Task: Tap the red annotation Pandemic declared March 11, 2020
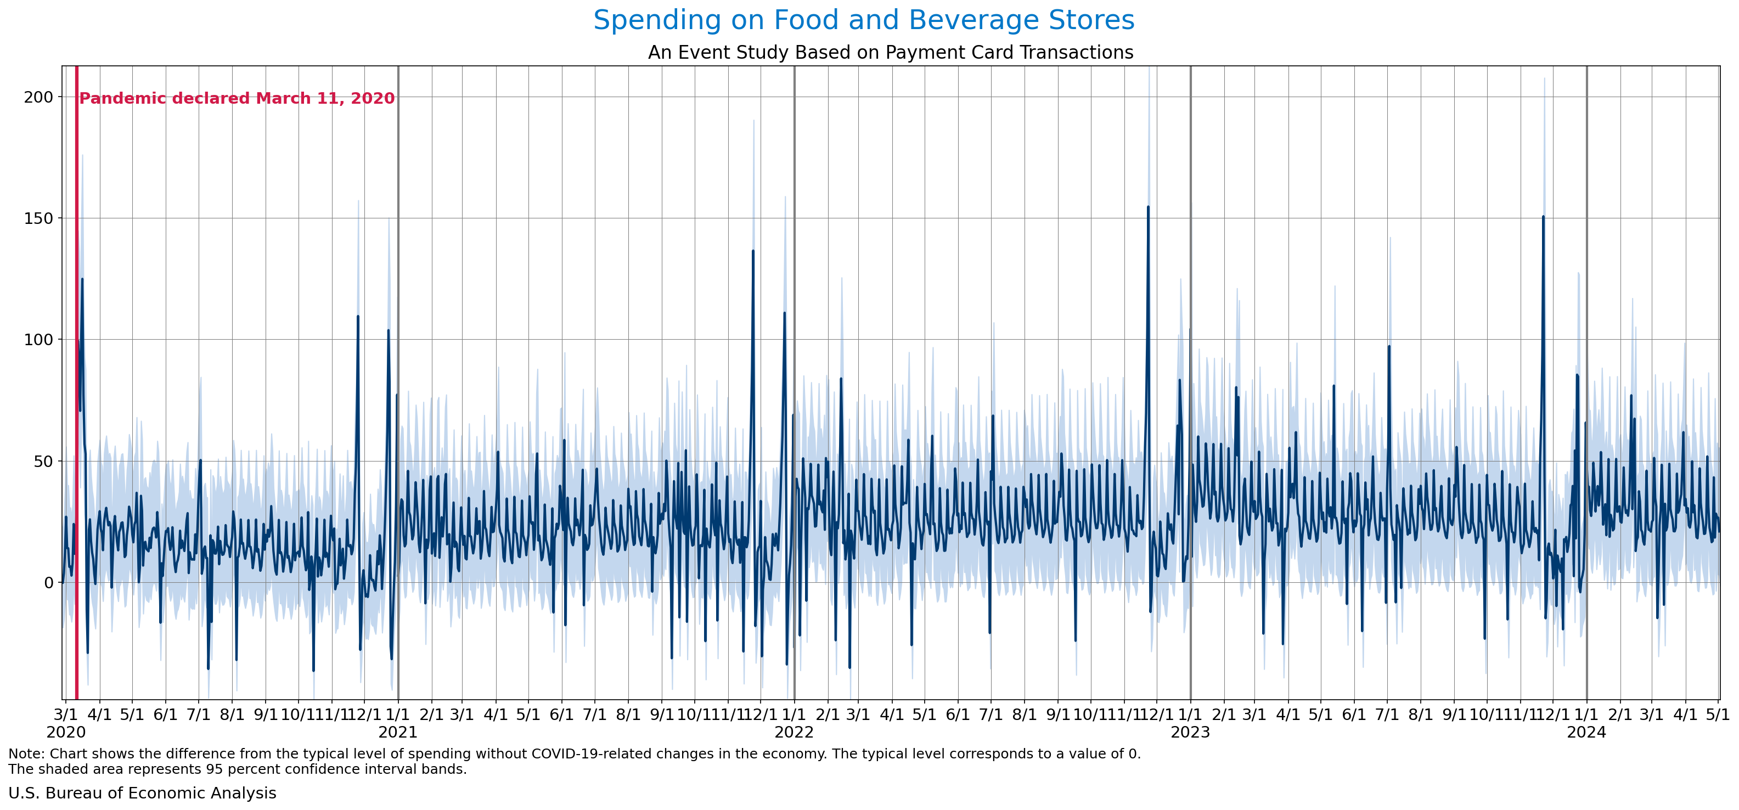click(237, 99)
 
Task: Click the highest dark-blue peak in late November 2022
click(1147, 207)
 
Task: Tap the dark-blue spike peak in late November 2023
click(1543, 217)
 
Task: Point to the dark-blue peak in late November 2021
click(753, 251)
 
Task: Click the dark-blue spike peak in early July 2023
click(1389, 347)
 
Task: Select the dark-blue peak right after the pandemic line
click(82, 279)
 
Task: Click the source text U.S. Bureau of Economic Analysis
click(142, 793)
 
